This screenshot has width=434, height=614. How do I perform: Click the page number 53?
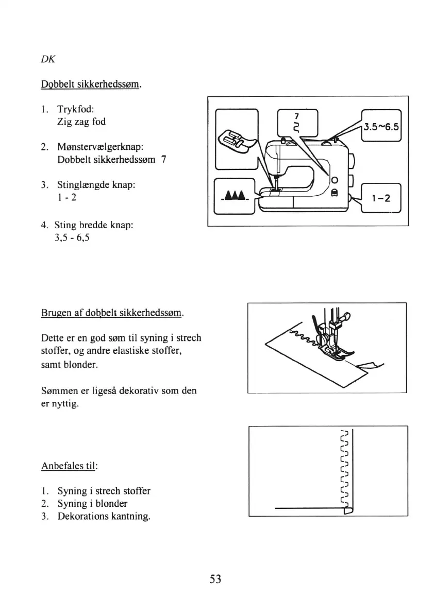coord(215,579)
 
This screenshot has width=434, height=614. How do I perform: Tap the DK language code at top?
coord(48,59)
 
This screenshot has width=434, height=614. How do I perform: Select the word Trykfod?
coord(75,109)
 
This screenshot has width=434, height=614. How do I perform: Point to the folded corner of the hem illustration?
coord(348,510)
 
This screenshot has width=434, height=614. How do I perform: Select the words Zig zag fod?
coord(81,123)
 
